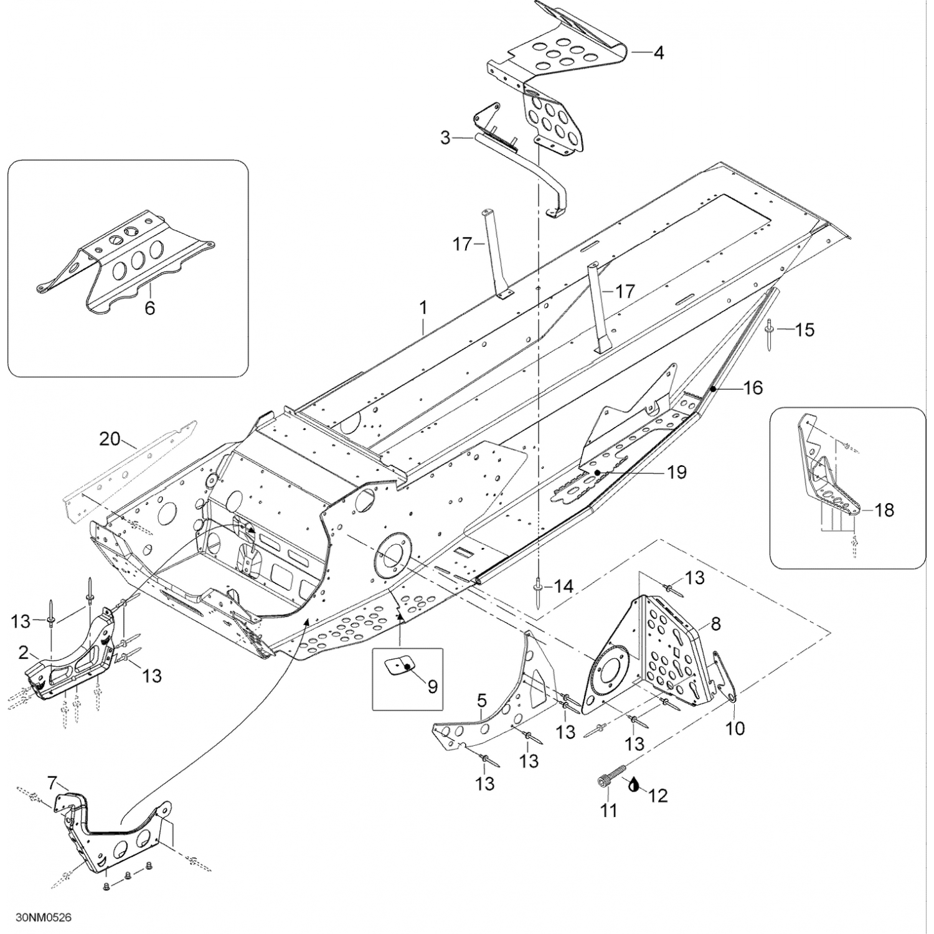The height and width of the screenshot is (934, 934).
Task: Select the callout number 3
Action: click(445, 137)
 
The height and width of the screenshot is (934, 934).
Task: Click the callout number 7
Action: click(52, 781)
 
